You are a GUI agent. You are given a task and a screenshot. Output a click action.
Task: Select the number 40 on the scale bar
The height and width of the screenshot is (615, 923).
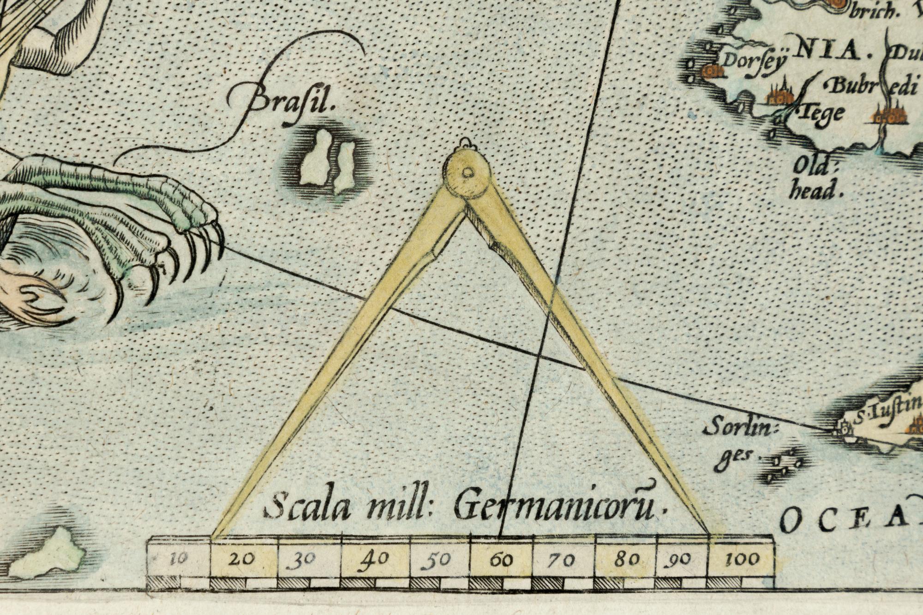tap(374, 560)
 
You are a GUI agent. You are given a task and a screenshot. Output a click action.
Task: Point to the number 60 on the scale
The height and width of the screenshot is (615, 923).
tap(501, 560)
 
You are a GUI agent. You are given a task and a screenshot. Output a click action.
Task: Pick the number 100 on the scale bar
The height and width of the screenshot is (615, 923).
tap(742, 560)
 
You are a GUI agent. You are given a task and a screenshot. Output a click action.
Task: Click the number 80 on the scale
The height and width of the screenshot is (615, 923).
tap(627, 560)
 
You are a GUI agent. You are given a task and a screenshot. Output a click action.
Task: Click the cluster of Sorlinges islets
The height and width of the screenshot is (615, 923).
tap(785, 466)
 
